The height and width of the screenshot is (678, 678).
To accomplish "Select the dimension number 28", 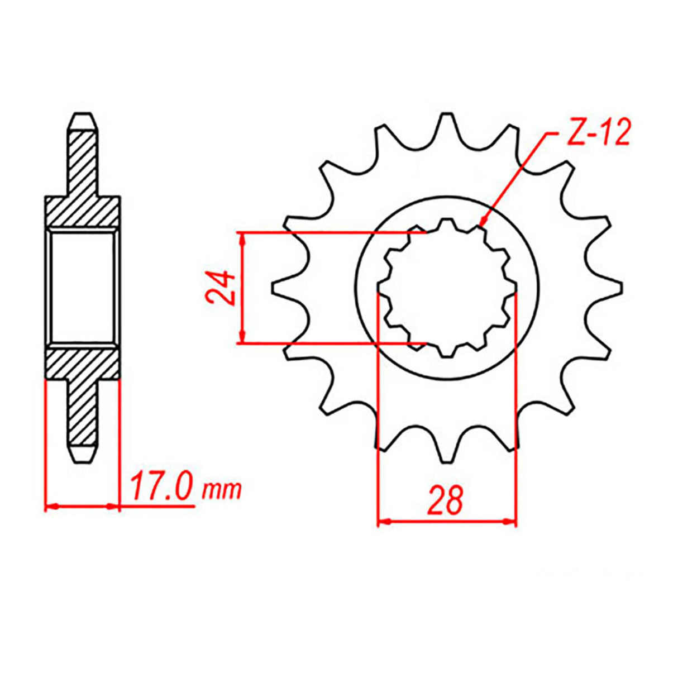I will tap(445, 500).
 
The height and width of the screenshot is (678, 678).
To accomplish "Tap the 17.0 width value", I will tap(162, 488).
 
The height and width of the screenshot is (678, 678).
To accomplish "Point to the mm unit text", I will tap(222, 490).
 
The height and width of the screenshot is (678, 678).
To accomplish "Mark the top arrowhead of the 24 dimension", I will tap(242, 238).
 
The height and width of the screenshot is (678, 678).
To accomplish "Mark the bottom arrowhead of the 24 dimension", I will tap(242, 337).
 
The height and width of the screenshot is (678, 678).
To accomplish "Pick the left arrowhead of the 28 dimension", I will tap(384, 523).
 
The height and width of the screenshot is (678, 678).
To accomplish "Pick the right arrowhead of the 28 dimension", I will tap(510, 523).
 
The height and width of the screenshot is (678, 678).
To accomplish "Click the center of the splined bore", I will tap(447, 288).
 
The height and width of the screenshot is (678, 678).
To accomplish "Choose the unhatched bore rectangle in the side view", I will tap(82, 288).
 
